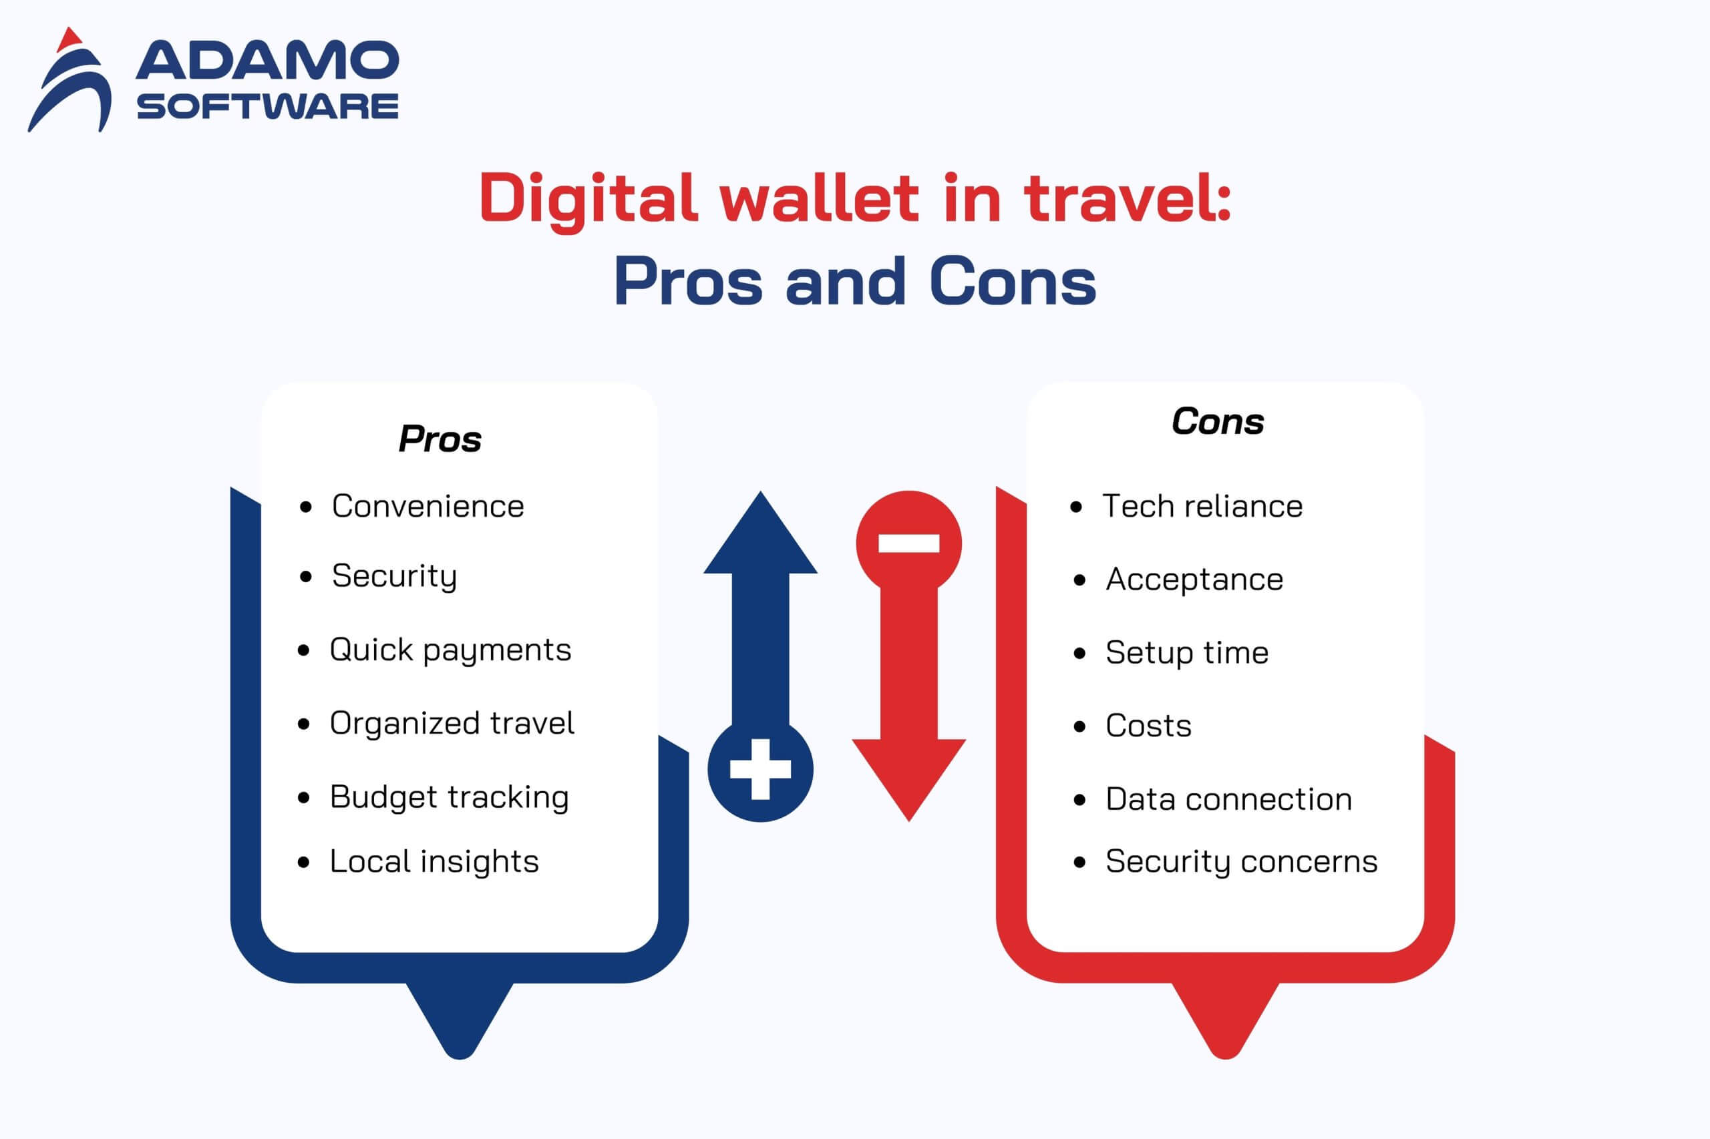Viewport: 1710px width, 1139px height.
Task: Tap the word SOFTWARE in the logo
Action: (x=267, y=106)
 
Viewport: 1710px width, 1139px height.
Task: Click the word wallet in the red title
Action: (x=819, y=198)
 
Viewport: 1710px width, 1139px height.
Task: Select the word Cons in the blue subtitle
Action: (x=1013, y=281)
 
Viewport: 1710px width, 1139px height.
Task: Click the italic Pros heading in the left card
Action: (x=440, y=439)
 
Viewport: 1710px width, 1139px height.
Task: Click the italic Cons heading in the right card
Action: (x=1218, y=421)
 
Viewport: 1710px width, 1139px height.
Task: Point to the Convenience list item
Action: (x=427, y=506)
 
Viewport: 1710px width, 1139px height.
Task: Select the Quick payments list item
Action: (x=450, y=650)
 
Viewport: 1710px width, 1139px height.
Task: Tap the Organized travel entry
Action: (x=452, y=724)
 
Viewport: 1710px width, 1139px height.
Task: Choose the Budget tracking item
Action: (x=449, y=798)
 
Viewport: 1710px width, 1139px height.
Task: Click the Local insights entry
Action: (x=434, y=861)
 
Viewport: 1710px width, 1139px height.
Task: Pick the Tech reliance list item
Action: (x=1203, y=506)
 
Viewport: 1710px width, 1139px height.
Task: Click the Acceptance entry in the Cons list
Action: (x=1194, y=580)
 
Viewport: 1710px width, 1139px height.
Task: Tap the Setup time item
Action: (x=1187, y=653)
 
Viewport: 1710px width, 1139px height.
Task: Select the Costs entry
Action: (x=1148, y=726)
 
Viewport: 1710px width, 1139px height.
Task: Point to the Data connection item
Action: (x=1228, y=799)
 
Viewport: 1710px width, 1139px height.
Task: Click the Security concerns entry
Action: (x=1241, y=861)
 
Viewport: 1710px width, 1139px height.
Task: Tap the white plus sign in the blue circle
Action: (x=760, y=770)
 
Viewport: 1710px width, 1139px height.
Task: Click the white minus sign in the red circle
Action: (x=908, y=543)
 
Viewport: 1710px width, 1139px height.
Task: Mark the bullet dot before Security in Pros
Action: (x=305, y=577)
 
